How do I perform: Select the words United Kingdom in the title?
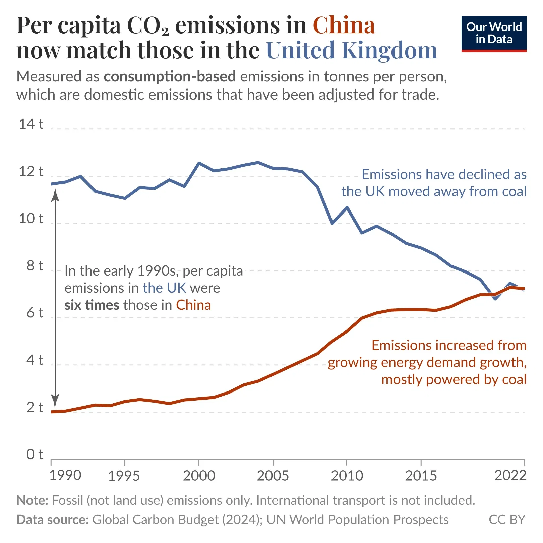click(352, 50)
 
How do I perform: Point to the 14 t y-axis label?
click(31, 124)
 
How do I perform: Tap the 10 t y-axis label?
click(31, 219)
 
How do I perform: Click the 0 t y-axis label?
click(35, 455)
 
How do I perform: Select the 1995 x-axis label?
click(124, 476)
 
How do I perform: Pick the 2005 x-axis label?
click(273, 476)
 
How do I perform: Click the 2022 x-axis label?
click(510, 475)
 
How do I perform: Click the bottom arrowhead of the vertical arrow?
click(55, 401)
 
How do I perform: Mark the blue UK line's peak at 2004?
click(258, 163)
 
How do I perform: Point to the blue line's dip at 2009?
click(332, 223)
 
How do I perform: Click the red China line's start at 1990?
click(52, 412)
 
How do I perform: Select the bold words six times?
click(92, 305)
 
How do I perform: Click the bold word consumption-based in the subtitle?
click(170, 77)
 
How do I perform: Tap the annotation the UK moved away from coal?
click(434, 192)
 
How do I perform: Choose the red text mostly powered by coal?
click(454, 380)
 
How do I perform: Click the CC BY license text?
click(507, 520)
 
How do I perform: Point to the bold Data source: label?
click(53, 520)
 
